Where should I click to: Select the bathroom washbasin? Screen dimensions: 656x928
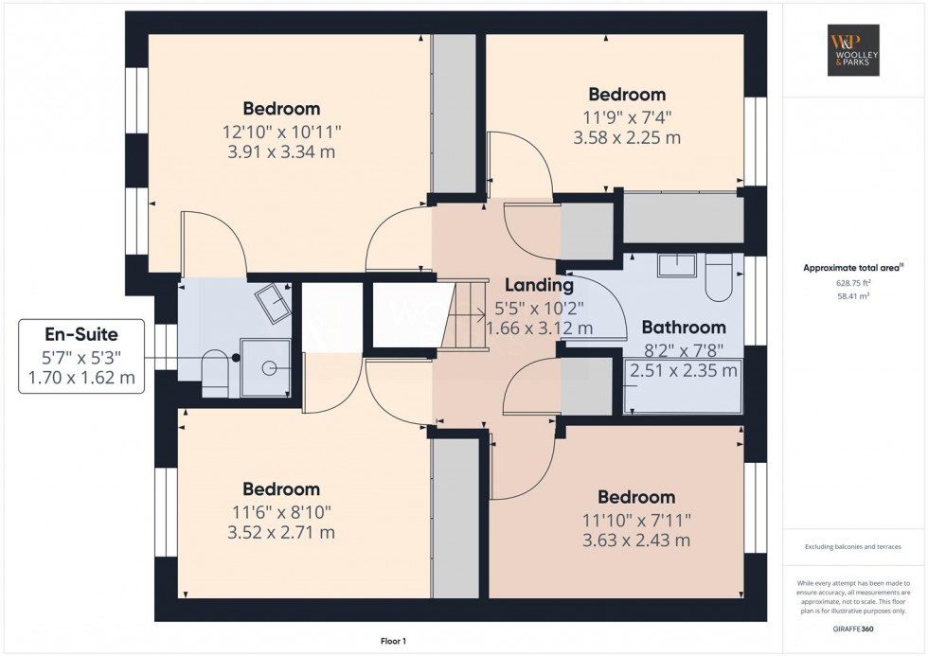point(676,264)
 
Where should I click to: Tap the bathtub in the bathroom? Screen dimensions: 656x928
point(684,386)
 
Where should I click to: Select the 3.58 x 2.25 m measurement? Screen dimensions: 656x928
point(627,137)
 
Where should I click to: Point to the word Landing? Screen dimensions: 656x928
point(539,285)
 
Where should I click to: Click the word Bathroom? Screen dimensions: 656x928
point(684,328)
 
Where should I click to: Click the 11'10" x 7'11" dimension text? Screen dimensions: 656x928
point(635,519)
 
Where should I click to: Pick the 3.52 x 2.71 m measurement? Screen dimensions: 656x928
point(281,532)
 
